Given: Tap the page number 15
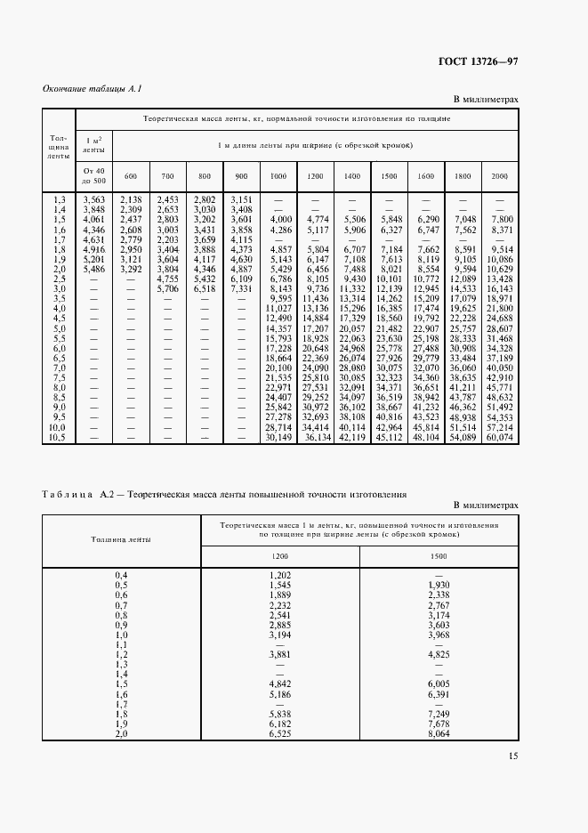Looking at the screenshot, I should [512, 756].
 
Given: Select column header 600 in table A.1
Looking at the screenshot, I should [130, 176].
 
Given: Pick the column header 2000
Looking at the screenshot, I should [499, 176].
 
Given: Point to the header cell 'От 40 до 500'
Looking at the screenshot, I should [94, 175].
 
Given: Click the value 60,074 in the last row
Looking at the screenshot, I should [500, 437].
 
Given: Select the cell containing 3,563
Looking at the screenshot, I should [94, 199].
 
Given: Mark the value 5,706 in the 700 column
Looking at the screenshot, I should [167, 288].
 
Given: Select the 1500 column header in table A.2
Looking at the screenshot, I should [439, 556].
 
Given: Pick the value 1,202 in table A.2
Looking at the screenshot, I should [280, 577].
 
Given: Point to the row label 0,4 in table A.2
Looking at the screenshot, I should [121, 577].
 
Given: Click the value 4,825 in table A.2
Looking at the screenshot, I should [439, 655].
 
